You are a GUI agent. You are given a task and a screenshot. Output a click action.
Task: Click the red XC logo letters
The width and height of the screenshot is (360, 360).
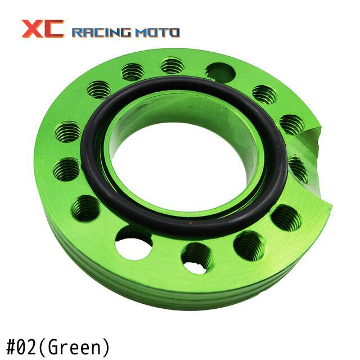43,29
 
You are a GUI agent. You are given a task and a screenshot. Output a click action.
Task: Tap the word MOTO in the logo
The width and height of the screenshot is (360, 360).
157,33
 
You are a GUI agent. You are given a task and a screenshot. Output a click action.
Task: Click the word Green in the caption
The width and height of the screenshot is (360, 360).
73,347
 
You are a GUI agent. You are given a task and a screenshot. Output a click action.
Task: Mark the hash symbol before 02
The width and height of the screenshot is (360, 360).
11,346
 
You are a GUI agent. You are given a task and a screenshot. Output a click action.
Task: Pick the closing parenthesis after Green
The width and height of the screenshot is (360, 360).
105,347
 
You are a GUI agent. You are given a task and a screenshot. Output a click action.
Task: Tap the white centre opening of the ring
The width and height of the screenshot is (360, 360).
177,168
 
